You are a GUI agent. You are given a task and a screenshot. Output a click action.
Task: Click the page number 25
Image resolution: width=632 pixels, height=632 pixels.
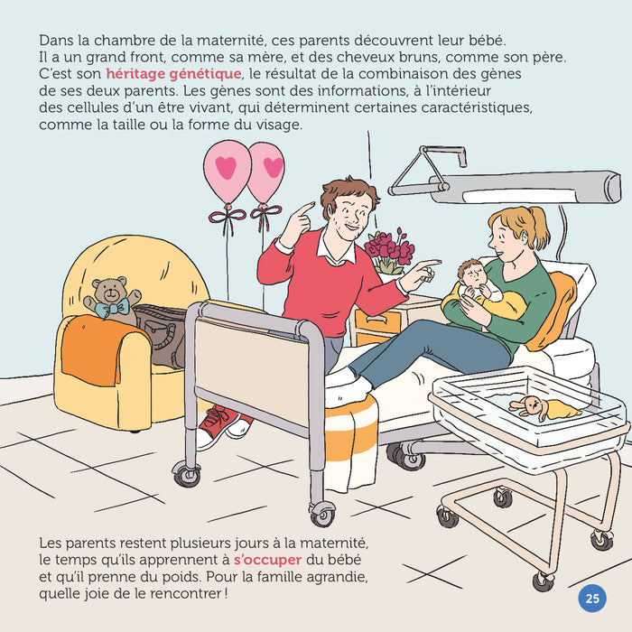coord(592,599)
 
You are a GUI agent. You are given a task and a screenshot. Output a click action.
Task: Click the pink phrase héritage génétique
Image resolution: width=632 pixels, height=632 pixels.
coord(173,73)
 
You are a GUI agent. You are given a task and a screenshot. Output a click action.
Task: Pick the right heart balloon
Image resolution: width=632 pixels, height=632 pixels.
coord(267,171)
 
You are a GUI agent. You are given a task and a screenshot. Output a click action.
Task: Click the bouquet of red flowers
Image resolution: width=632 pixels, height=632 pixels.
coord(389,248)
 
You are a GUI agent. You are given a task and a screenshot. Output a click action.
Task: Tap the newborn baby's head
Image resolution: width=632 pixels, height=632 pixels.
coord(469,272)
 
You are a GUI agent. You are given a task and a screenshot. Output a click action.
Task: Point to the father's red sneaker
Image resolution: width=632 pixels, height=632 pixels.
coord(215,425)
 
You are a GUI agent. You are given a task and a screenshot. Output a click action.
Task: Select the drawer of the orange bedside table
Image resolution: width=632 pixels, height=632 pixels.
coord(379,319)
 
